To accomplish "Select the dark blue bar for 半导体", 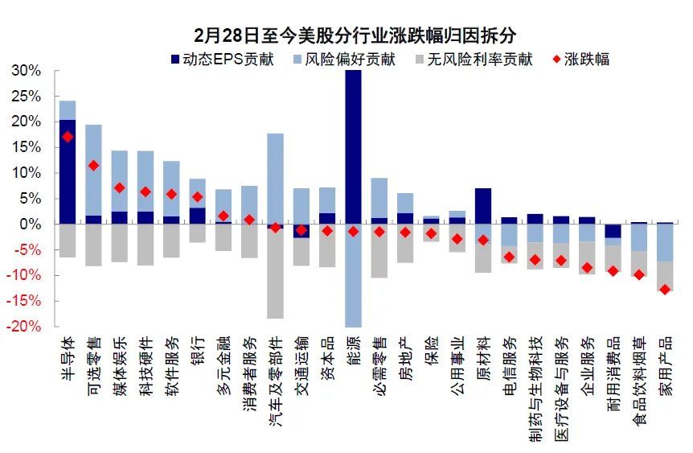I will pyautogui.click(x=68, y=171).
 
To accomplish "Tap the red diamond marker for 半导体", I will pyautogui.click(x=68, y=137).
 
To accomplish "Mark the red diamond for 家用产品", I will pyautogui.click(x=665, y=289).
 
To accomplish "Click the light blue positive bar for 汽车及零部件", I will pyautogui.click(x=275, y=178).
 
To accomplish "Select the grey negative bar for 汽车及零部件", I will pyautogui.click(x=275, y=274).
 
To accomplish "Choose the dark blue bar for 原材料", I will pyautogui.click(x=483, y=206).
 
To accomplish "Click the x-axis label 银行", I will pyautogui.click(x=197, y=351).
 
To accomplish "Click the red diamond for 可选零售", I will pyautogui.click(x=93, y=165).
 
